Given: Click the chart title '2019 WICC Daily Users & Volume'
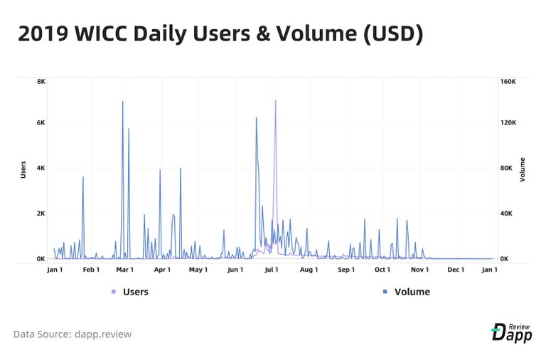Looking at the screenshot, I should pyautogui.click(x=220, y=34).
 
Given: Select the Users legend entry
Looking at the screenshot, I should pyautogui.click(x=131, y=292).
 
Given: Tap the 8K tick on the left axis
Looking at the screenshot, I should pyautogui.click(x=41, y=82).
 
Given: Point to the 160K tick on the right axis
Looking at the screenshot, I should pyautogui.click(x=508, y=82).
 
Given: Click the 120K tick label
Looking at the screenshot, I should pyautogui.click(x=508, y=122).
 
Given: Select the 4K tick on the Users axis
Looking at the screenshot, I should pyautogui.click(x=41, y=168).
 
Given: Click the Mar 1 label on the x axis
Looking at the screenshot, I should pyautogui.click(x=125, y=270).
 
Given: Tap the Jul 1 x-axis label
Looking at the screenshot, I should pyautogui.click(x=271, y=270).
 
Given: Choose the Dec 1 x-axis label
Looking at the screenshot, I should pyautogui.click(x=456, y=270).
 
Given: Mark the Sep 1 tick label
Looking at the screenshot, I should pyautogui.click(x=346, y=270).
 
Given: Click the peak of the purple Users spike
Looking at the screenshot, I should pyautogui.click(x=275, y=101).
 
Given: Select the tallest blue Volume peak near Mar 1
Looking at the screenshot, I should pyautogui.click(x=122, y=102).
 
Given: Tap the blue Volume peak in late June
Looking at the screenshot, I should pyautogui.click(x=256, y=118).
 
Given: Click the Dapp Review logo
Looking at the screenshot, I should pyautogui.click(x=511, y=332).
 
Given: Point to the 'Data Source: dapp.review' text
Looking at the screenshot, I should pyautogui.click(x=73, y=334).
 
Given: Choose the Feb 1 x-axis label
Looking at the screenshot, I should pyautogui.click(x=91, y=270).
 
